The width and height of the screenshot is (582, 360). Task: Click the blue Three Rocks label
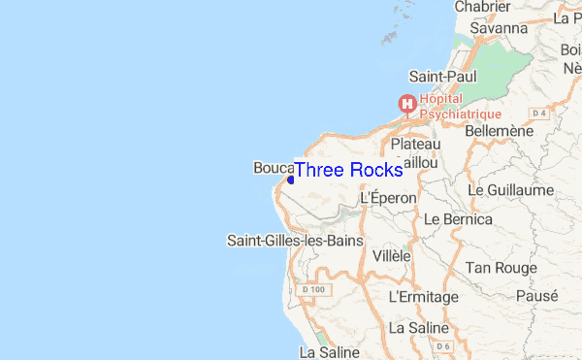tap(348, 170)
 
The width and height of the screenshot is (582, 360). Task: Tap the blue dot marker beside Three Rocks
tap(291, 179)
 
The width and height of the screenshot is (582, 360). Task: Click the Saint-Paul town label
tap(442, 76)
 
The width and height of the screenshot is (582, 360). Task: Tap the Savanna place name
tap(498, 28)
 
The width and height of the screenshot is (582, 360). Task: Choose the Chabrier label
tap(483, 7)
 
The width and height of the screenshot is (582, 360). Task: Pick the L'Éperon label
tap(388, 197)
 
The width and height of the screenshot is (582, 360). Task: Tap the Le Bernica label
tap(459, 219)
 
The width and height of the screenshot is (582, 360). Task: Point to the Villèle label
tap(392, 256)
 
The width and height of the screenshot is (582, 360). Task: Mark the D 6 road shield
tap(443, 345)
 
